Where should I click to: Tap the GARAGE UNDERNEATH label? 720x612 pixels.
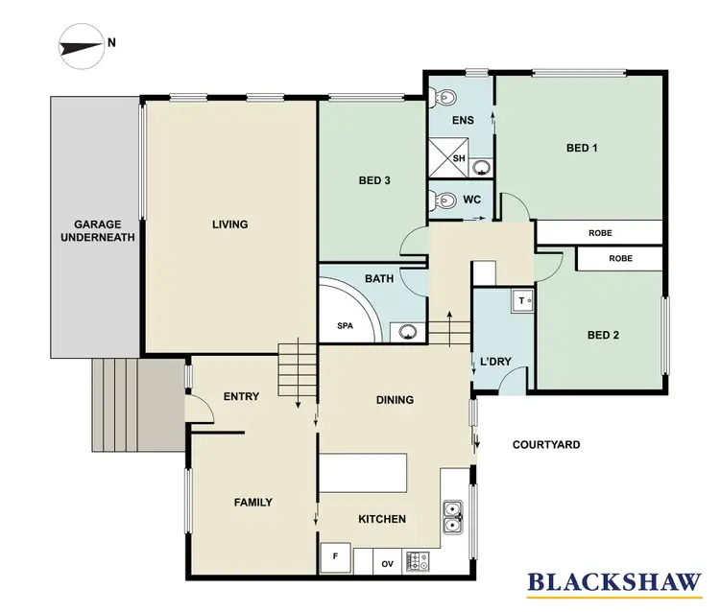tap(90, 230)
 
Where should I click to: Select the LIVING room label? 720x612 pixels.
tap(230, 224)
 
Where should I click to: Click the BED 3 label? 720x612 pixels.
tap(374, 180)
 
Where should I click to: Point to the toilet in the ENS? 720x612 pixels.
tap(441, 96)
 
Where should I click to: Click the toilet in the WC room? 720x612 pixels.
tap(444, 200)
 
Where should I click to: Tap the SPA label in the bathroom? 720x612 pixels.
tap(346, 326)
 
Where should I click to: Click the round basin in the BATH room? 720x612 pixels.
tap(409, 333)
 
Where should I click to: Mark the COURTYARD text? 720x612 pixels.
tap(545, 445)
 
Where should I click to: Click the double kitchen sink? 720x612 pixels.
tap(453, 516)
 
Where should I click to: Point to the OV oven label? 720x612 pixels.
tap(389, 563)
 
